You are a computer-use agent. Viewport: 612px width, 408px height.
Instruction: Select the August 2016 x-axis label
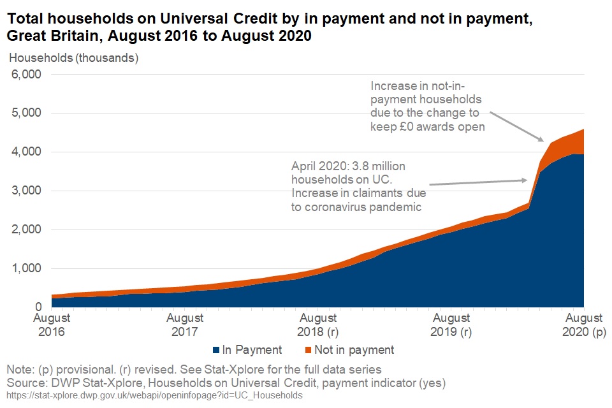click(x=52, y=325)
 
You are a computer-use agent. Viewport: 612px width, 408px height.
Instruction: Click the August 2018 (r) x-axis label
click(x=318, y=325)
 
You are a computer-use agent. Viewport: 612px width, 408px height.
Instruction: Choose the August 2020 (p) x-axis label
click(x=583, y=325)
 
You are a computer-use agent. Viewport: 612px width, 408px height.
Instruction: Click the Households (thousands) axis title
click(x=73, y=58)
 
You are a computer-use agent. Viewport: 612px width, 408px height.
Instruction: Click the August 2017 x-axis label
click(x=185, y=325)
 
